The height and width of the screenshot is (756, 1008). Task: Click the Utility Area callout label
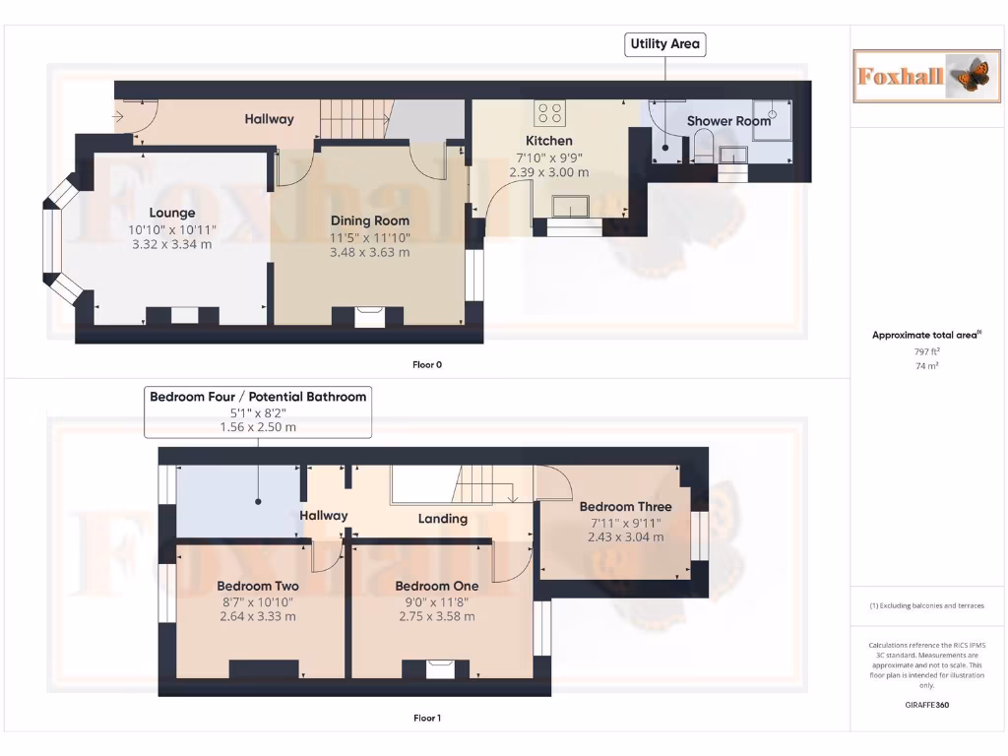[x=665, y=44]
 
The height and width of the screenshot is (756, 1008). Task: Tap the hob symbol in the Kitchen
[x=548, y=114]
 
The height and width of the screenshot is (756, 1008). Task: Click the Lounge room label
[x=172, y=213]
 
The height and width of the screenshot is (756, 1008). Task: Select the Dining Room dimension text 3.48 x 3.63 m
[x=370, y=252]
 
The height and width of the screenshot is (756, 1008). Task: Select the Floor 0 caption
[x=427, y=364]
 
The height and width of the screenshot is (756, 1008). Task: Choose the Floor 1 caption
[x=427, y=718]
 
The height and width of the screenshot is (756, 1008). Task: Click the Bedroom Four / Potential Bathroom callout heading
[x=258, y=397]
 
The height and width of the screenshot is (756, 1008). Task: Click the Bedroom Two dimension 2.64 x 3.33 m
[x=258, y=616]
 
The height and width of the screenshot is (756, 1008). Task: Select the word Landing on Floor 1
[x=443, y=519]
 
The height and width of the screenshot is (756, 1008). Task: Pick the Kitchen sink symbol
[x=572, y=206]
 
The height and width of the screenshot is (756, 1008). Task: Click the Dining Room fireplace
[x=369, y=316]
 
